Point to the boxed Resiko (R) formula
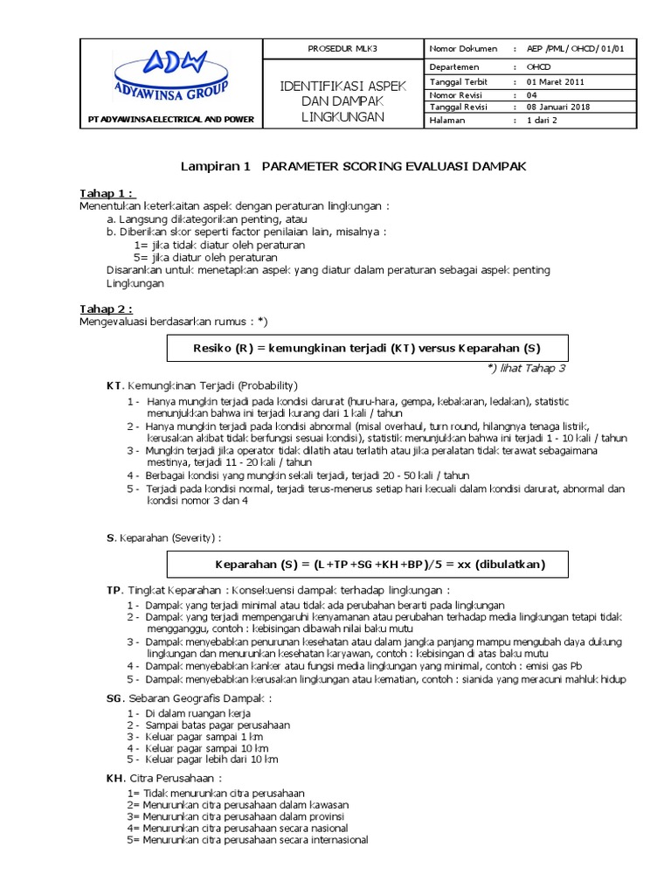[x=367, y=348]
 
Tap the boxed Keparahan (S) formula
[x=367, y=565]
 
